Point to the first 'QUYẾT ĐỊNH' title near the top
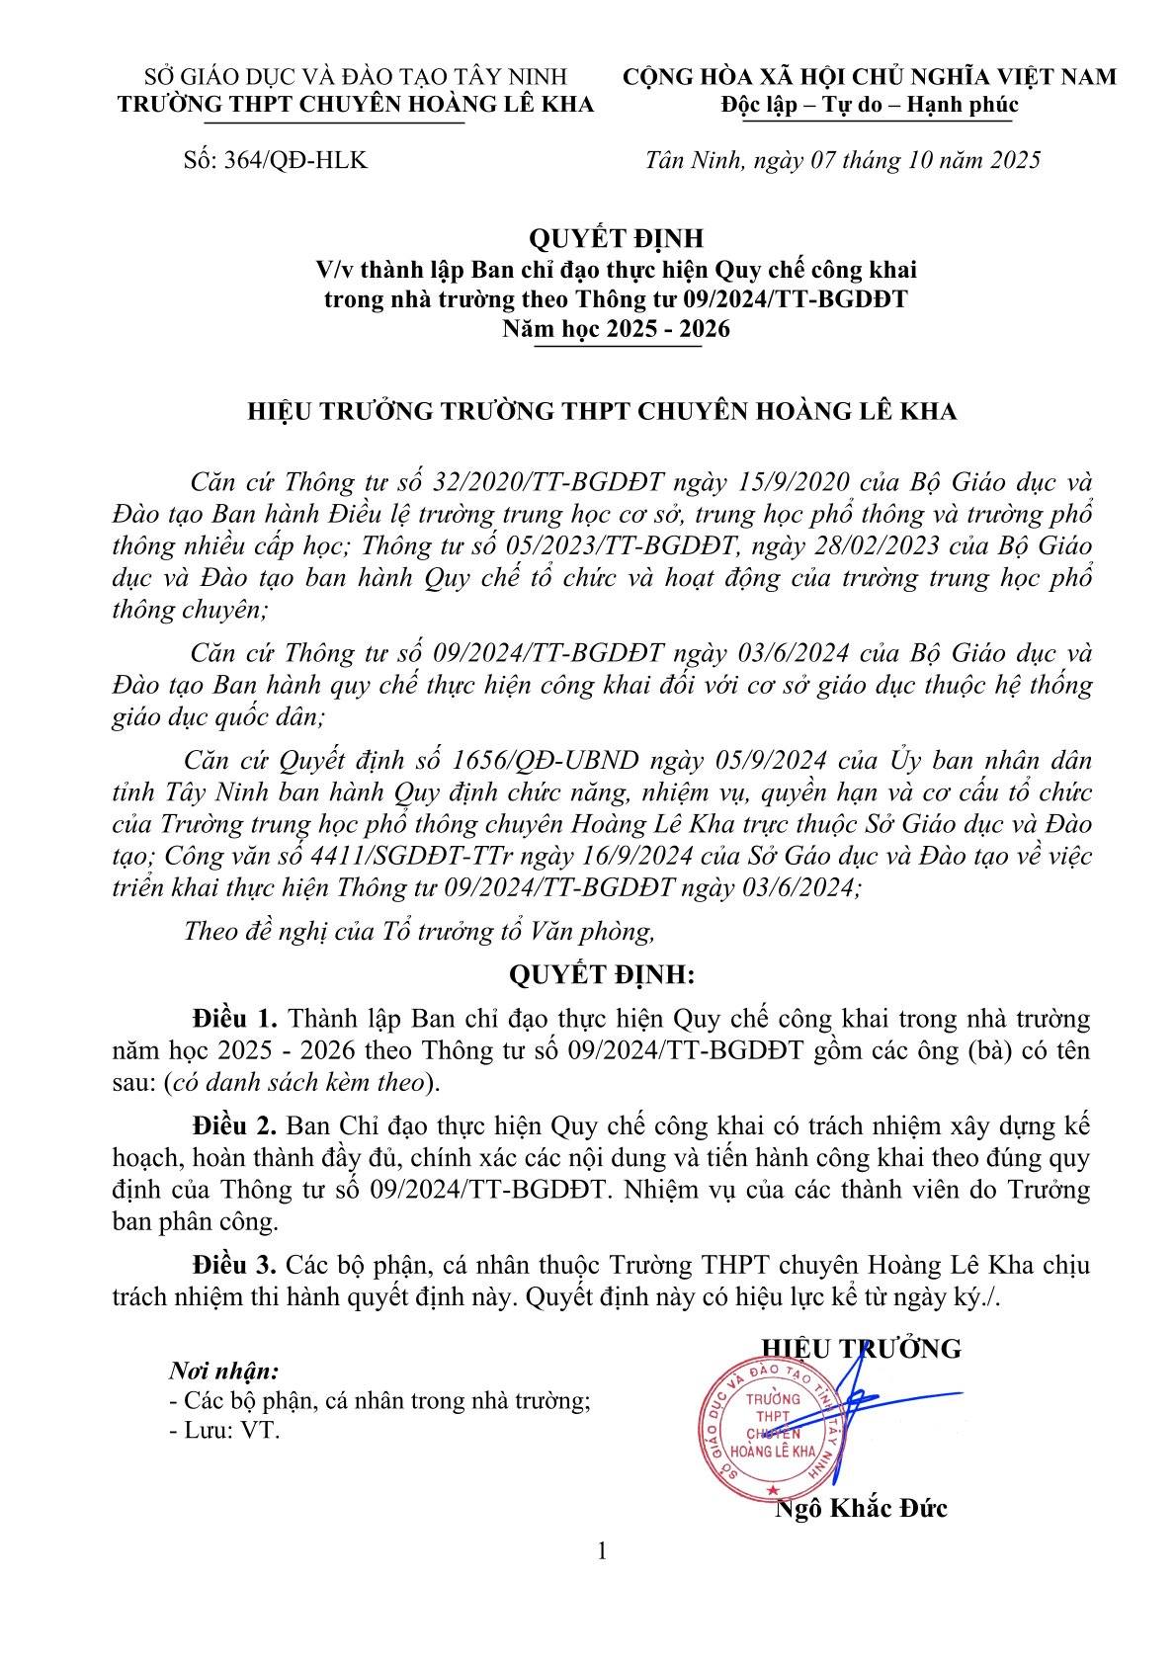616,238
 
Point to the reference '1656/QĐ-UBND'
525,761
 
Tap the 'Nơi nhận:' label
224,1372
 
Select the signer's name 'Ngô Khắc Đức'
862,1508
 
